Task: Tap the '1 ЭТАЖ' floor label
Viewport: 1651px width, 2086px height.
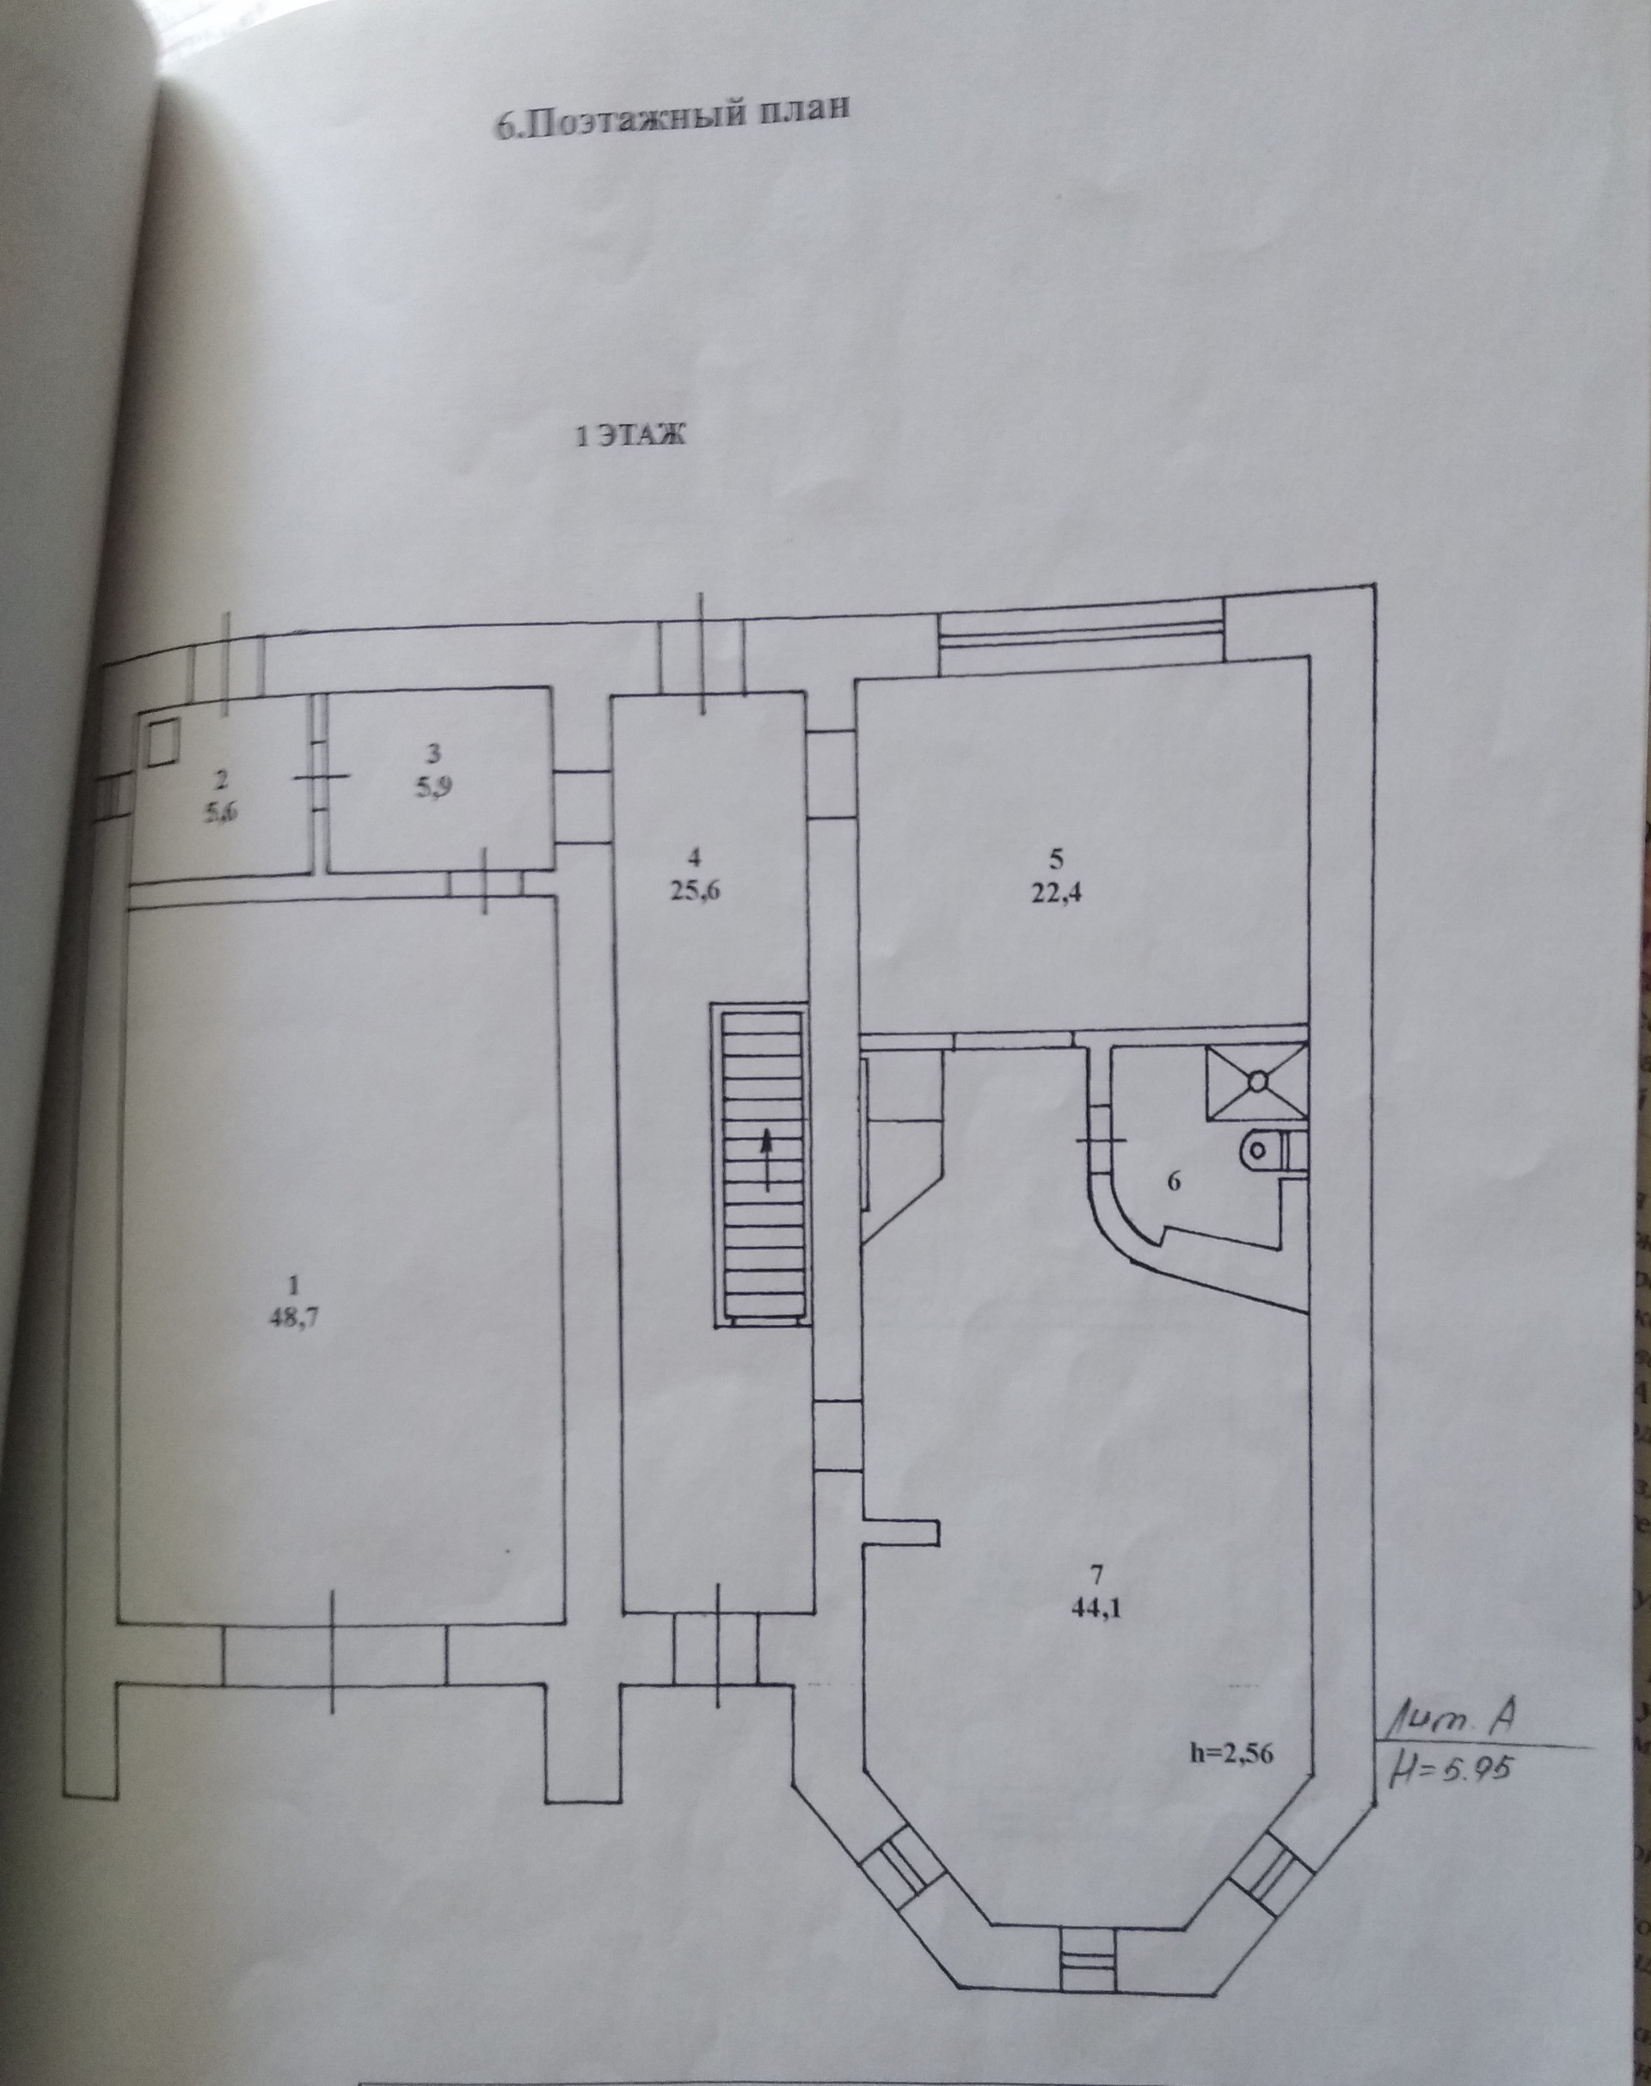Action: (x=629, y=436)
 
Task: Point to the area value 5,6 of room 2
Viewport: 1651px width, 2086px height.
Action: (x=221, y=812)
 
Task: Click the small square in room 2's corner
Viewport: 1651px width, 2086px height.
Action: (x=163, y=744)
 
